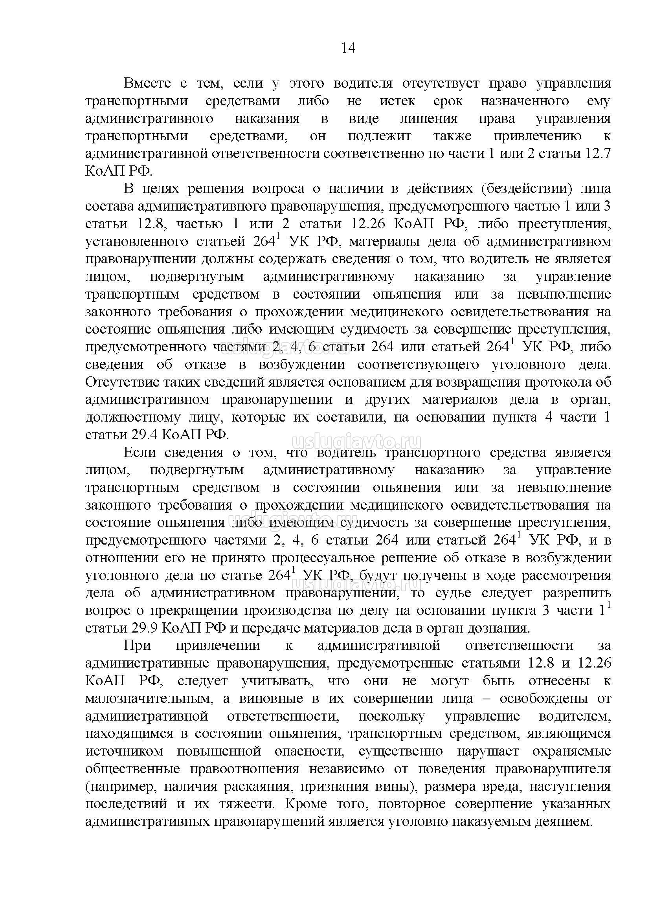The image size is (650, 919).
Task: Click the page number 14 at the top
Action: [x=348, y=48]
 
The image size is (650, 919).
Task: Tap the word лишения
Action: [x=428, y=119]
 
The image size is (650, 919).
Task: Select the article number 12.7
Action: [x=598, y=154]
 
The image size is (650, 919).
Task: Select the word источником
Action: [x=124, y=751]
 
